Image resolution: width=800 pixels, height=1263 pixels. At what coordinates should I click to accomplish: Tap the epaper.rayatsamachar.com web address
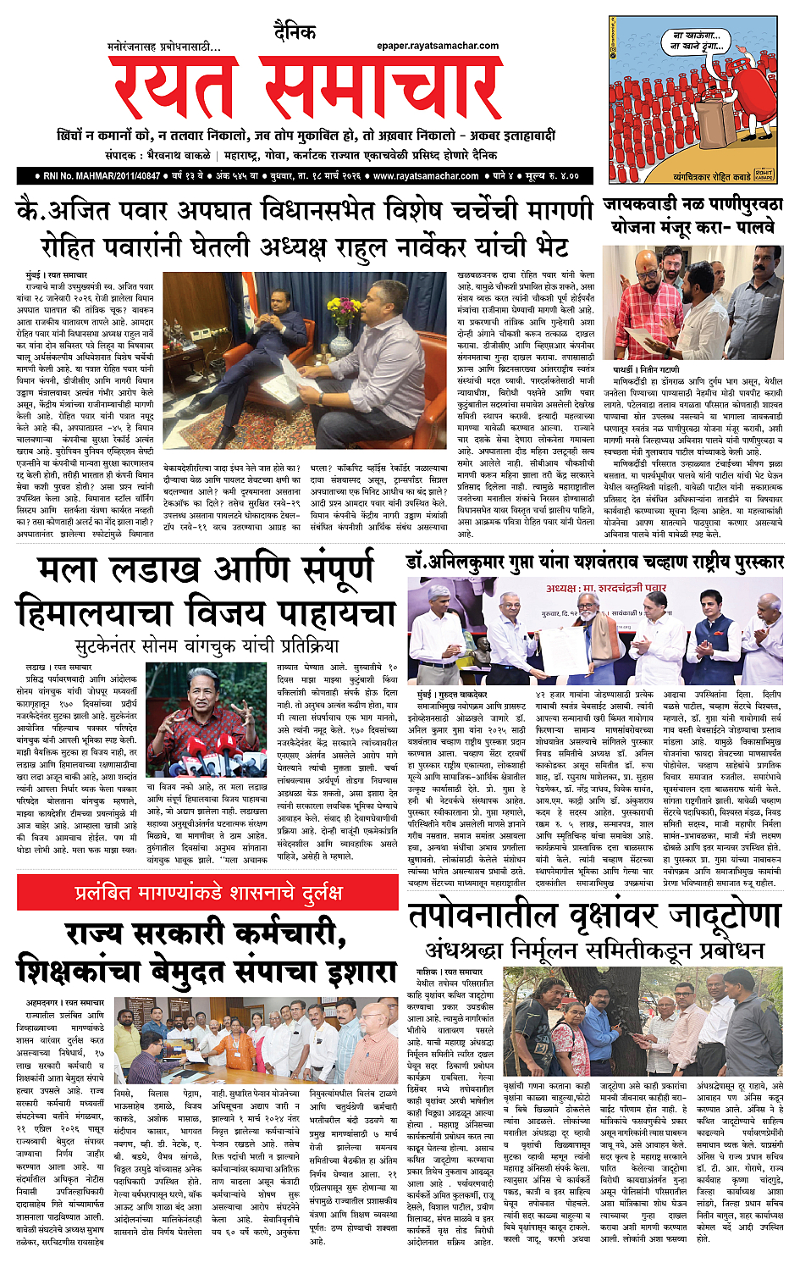click(438, 46)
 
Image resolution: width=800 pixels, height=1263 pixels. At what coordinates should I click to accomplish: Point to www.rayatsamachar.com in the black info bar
click(426, 175)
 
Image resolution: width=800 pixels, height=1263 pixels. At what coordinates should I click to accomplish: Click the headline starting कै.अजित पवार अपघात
click(305, 209)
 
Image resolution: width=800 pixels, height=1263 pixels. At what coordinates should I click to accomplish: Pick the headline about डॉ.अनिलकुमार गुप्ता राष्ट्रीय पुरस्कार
click(595, 562)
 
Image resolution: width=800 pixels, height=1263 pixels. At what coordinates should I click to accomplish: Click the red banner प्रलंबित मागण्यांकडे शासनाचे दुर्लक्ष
click(207, 892)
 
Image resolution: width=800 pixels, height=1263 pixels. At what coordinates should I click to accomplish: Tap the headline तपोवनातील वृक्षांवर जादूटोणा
click(593, 916)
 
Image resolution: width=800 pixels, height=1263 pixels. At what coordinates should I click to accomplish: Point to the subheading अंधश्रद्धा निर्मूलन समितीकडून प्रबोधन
click(594, 950)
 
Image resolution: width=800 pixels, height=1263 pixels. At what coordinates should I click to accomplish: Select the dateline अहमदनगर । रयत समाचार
click(64, 1002)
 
